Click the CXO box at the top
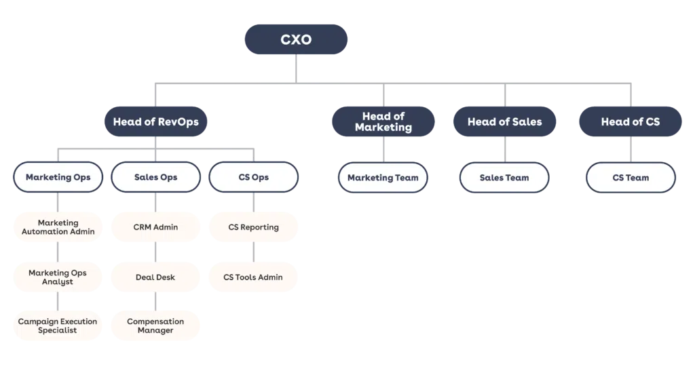(297, 39)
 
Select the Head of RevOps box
(155, 122)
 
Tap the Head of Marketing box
(383, 122)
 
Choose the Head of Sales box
(504, 122)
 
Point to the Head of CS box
(630, 122)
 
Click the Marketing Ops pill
(58, 178)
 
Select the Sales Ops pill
(155, 178)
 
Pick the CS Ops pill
(253, 178)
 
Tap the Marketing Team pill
(383, 178)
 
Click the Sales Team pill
(504, 178)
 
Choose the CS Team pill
(631, 178)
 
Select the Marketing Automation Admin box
(58, 227)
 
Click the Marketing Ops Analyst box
(58, 277)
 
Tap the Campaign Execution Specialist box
(58, 326)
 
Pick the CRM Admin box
(155, 227)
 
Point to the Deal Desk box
(155, 277)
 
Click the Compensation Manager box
(155, 326)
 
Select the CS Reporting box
(253, 227)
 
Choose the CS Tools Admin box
(253, 277)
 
